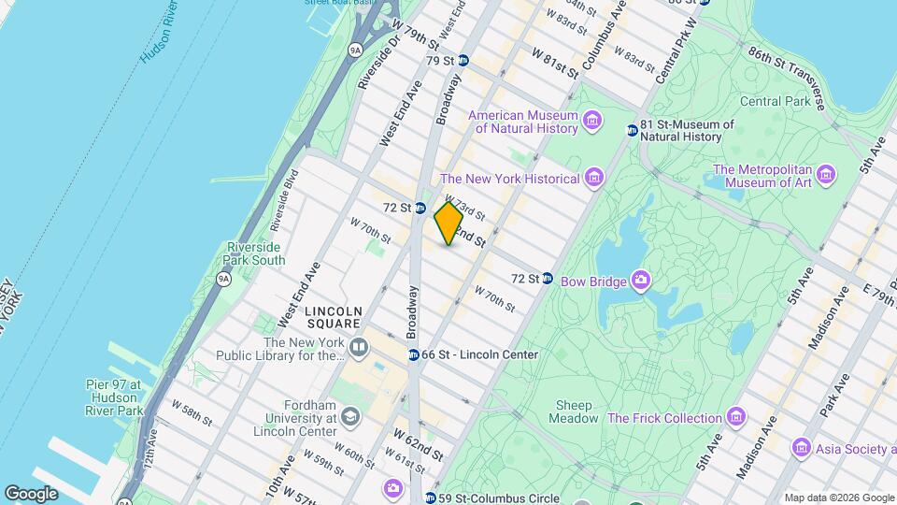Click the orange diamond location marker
point(448,224)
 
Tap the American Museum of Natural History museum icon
point(591,121)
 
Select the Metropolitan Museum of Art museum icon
point(824,175)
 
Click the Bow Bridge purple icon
point(640,279)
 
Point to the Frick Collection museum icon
point(737,417)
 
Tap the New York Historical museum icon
point(592,178)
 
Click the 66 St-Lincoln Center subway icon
point(413,354)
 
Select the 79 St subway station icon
point(463,61)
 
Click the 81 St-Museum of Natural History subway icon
point(632,130)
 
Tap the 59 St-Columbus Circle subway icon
point(431,497)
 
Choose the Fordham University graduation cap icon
point(350,416)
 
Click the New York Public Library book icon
point(359,348)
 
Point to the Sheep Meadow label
point(575,411)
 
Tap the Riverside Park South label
point(255,253)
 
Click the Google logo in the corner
point(31,493)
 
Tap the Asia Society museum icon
point(801,448)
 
